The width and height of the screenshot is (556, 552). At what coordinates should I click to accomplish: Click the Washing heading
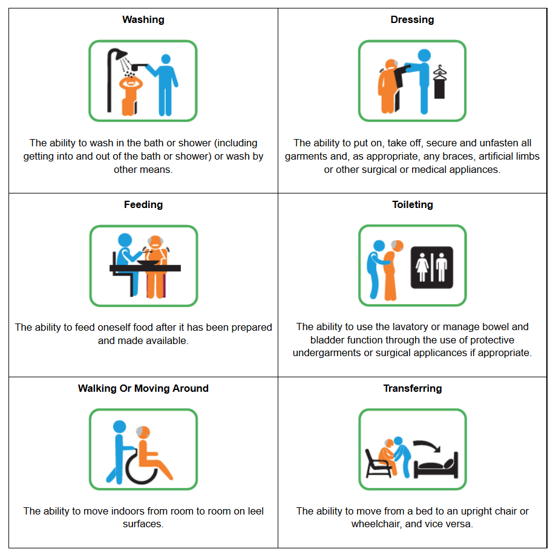143,20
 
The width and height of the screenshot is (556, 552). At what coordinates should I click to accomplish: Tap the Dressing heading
412,20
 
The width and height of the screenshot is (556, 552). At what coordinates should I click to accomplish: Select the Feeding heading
143,205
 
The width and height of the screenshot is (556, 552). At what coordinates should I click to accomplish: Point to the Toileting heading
413,205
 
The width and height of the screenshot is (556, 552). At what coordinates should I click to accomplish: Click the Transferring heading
413,389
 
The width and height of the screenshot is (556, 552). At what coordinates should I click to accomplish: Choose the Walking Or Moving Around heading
143,389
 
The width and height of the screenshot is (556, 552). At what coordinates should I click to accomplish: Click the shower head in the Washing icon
120,53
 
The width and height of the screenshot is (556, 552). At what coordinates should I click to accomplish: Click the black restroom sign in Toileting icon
431,267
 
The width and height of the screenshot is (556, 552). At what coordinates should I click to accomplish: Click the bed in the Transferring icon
436,466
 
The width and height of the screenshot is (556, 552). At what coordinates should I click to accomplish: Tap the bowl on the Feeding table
148,263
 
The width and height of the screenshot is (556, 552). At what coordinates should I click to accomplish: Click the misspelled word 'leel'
255,511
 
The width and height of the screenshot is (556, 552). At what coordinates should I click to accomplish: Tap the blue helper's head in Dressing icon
424,56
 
